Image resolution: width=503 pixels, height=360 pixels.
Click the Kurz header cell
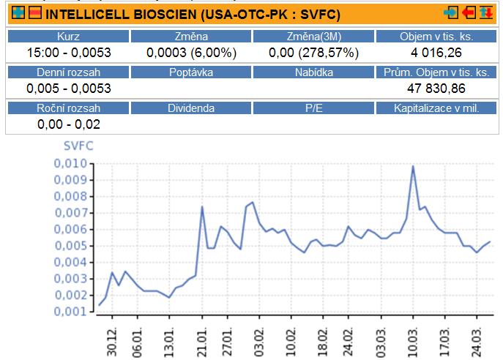point(68,37)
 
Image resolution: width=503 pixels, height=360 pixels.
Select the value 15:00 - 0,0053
point(68,53)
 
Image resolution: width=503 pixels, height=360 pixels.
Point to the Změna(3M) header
point(313,37)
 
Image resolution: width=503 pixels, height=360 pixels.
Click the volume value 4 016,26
point(436,53)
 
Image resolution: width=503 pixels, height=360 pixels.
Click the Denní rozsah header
point(68,72)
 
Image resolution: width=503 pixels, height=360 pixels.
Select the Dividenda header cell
point(190,108)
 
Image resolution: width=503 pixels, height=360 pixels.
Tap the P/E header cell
point(313,108)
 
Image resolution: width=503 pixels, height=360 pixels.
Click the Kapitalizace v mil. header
point(436,108)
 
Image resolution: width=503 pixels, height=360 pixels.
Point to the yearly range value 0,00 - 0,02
point(68,124)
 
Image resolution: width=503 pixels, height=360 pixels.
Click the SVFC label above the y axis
point(78,146)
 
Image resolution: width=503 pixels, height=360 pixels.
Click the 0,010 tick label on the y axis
point(70,162)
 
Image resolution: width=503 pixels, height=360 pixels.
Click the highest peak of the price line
point(413,166)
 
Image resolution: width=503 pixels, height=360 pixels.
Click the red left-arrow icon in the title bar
point(469,13)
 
